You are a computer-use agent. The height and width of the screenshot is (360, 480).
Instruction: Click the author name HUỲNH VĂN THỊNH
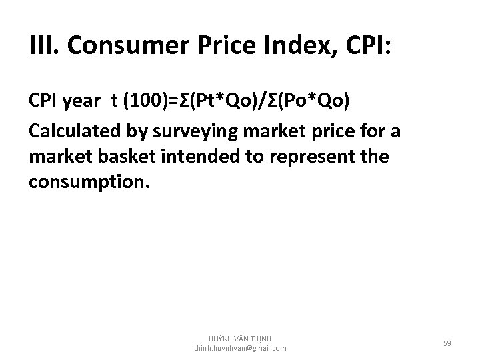coord(240,339)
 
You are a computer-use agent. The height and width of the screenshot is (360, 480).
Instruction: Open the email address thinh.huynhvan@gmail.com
coord(240,349)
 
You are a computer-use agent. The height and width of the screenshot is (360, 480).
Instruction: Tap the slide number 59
coord(448,344)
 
